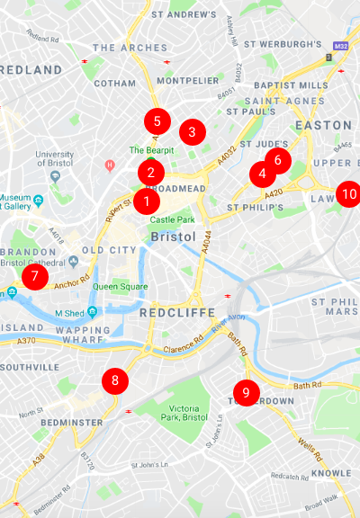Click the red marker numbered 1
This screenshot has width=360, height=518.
pyautogui.click(x=146, y=201)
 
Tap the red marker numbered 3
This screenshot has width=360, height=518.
pyautogui.click(x=191, y=132)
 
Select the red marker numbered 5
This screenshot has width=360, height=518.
pyautogui.click(x=157, y=120)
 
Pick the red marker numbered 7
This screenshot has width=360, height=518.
pyautogui.click(x=33, y=276)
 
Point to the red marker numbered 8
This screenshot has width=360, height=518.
pyautogui.click(x=114, y=380)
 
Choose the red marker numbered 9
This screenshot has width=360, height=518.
pyautogui.click(x=245, y=392)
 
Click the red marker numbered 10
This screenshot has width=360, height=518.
pyautogui.click(x=349, y=193)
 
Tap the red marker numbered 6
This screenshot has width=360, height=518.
pyautogui.click(x=277, y=161)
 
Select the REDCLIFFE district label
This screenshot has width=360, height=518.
pyautogui.click(x=177, y=312)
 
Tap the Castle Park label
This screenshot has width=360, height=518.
pyautogui.click(x=172, y=219)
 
